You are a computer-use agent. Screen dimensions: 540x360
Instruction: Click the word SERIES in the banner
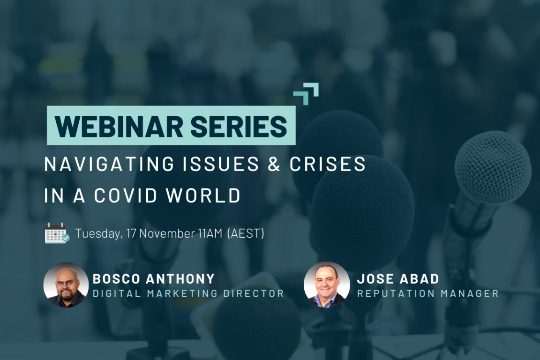tap(239, 127)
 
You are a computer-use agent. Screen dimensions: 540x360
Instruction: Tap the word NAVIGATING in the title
tap(110, 164)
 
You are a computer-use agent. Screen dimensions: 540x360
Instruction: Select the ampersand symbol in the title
tap(274, 164)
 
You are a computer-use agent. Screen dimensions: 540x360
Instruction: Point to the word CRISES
tap(327, 164)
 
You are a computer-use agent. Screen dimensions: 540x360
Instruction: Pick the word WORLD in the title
tap(203, 195)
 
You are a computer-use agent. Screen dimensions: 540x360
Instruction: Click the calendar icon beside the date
tap(57, 233)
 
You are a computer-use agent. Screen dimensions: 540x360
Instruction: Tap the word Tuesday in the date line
tap(98, 233)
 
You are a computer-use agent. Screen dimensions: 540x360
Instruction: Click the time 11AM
tap(210, 233)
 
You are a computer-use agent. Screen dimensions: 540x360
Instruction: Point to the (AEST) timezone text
tap(246, 233)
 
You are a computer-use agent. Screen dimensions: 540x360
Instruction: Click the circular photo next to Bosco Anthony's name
tap(66, 285)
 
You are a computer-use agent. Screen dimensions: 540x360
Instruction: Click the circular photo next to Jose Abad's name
tap(326, 285)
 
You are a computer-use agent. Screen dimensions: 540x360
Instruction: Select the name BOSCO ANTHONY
tap(154, 279)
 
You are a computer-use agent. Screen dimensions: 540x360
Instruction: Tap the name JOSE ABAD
tap(398, 279)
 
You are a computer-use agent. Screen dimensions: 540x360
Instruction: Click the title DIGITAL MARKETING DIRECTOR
tap(188, 293)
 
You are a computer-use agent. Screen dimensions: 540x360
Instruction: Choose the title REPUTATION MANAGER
tap(427, 293)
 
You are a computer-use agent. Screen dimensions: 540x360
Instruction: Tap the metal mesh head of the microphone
tap(493, 168)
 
